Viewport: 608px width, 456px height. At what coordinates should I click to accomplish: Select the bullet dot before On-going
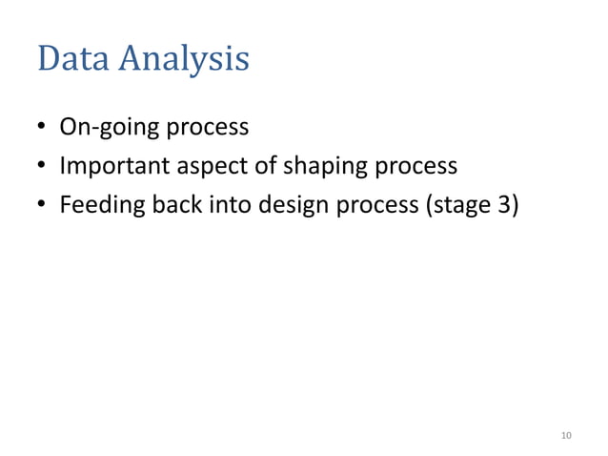(x=43, y=128)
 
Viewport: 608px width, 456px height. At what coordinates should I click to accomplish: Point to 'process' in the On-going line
(x=208, y=129)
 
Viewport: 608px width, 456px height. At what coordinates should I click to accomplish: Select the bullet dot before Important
(x=43, y=167)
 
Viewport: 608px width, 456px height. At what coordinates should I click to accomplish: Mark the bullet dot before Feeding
(x=43, y=206)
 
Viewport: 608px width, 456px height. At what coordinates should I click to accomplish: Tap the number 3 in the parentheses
(x=505, y=206)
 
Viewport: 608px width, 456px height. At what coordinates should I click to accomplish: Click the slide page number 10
(x=566, y=436)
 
